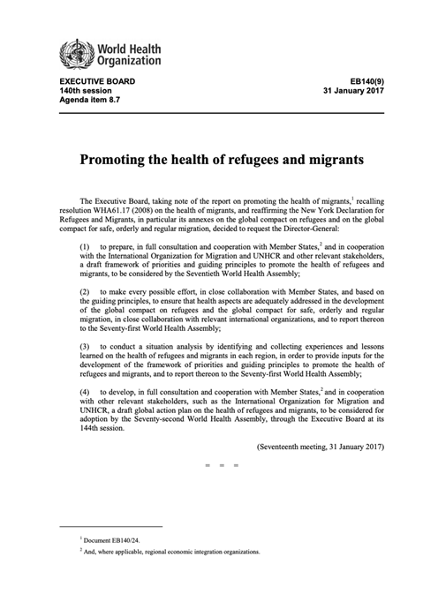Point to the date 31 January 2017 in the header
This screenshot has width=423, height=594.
coord(353,91)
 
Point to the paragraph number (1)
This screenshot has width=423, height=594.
coord(86,244)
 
